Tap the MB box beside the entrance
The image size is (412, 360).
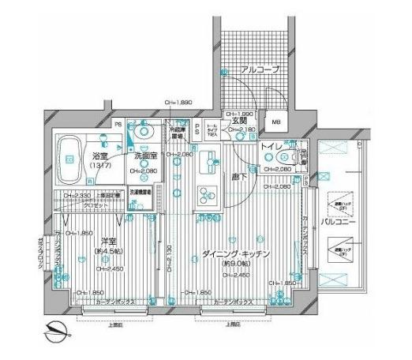(277, 123)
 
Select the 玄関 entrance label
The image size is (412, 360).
(240, 121)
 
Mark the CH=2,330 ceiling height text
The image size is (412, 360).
(73, 194)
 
